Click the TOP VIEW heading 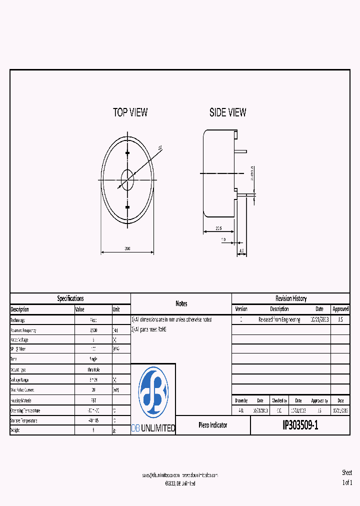pos(130,112)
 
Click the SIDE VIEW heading pos(227,112)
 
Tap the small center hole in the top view pos(127,177)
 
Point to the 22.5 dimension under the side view pos(219,228)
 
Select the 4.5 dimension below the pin pos(241,251)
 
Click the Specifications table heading pos(70,298)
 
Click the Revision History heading pos(291,298)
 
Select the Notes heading pos(181,303)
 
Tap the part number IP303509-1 pos(300,425)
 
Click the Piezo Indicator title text pos(212,425)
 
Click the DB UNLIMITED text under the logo pos(153,428)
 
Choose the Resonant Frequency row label pos(23,330)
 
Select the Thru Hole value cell pos(93,370)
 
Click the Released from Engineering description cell pos(279,319)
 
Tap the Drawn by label pos(240,400)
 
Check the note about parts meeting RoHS pos(148,329)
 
